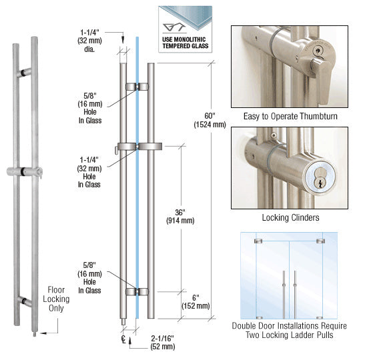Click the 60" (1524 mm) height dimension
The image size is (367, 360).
coord(210,120)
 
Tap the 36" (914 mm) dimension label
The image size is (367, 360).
coord(180,217)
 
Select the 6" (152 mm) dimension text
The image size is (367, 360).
coord(196,302)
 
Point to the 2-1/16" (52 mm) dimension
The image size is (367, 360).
coord(163,343)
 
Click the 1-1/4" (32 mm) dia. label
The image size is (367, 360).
coord(90,41)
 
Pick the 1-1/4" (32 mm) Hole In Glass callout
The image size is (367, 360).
coord(89,172)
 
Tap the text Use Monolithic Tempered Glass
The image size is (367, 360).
coord(185,43)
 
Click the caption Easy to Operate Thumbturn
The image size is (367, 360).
coord(290,116)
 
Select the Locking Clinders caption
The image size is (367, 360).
coord(290,217)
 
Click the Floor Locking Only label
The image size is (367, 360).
coord(56,299)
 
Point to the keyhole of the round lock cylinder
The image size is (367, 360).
coord(318,179)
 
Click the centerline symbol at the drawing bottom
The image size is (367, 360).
coord(123,339)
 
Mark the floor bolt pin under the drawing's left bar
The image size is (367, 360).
coord(123,321)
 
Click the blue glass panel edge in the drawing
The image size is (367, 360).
coord(137,178)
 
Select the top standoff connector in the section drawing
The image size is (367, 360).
coord(137,87)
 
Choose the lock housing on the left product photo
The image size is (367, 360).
coord(25,172)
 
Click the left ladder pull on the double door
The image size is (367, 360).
coord(284,295)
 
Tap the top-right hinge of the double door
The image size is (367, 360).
coord(320,241)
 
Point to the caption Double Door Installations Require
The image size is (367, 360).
coord(290,326)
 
